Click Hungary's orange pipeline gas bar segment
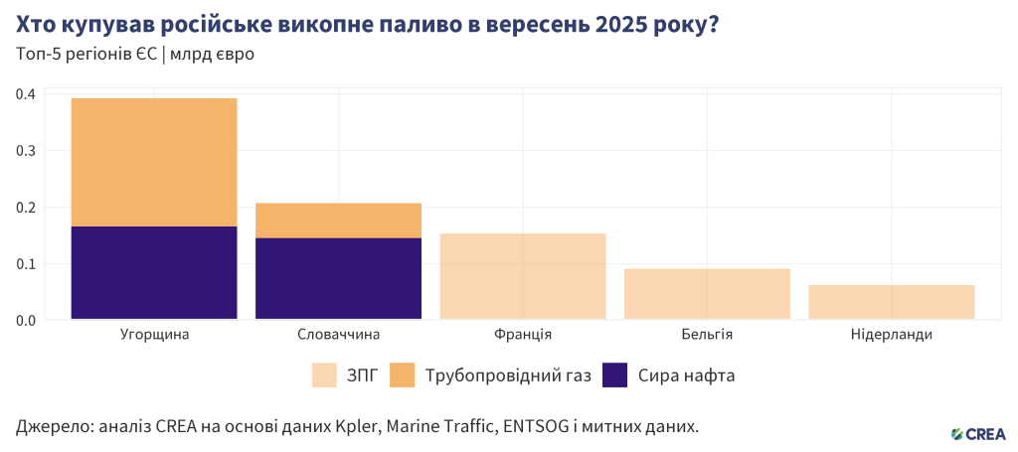coord(154,162)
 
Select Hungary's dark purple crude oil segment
coord(154,272)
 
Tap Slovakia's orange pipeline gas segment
coord(338,221)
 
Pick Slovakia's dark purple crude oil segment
coord(338,278)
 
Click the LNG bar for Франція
coord(522,276)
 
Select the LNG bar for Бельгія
coord(707,294)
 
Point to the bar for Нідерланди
coord(891,302)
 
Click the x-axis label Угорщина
coord(154,335)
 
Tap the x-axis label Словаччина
coord(338,335)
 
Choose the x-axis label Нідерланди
coord(891,335)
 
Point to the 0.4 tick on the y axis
coord(26,94)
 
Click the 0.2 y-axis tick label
coord(26,208)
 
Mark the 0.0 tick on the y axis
coord(26,321)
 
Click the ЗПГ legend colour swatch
coord(324,376)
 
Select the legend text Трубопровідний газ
coord(508,377)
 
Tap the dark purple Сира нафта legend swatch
coord(616,376)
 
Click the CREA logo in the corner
coord(978,433)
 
